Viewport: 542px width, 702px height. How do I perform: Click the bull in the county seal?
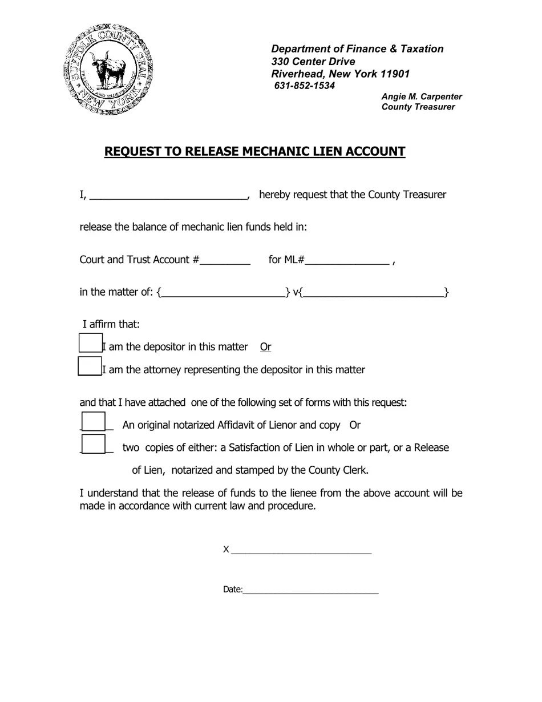pos(110,67)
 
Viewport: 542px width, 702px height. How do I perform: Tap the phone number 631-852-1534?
pos(305,86)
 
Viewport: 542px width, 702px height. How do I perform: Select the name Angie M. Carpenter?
pos(422,96)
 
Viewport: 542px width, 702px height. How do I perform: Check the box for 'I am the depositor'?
pos(90,343)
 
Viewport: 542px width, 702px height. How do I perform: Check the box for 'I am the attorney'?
pos(90,366)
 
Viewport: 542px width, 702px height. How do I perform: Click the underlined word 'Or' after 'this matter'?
pos(265,347)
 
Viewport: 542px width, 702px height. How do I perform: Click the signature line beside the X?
pos(301,550)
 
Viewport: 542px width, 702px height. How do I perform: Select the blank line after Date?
pos(310,590)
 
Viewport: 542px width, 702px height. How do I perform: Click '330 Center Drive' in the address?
pos(313,62)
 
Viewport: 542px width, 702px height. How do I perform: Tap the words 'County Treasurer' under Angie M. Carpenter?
pos(418,107)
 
